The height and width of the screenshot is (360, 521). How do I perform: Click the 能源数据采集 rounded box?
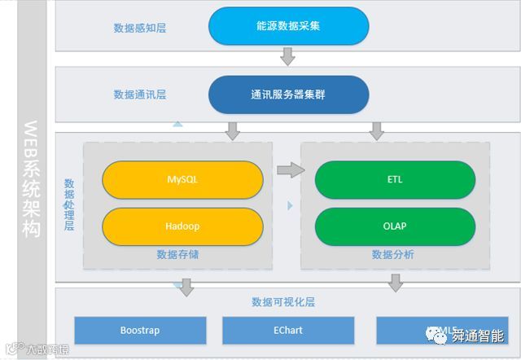(288, 26)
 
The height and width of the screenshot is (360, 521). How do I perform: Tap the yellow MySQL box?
(182, 180)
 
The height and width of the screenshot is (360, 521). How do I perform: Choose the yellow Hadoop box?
(182, 226)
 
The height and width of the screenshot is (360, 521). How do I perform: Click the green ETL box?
(395, 180)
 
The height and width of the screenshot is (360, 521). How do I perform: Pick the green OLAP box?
(395, 226)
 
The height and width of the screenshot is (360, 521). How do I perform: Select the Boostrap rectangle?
(140, 331)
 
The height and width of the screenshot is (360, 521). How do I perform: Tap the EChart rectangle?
(288, 331)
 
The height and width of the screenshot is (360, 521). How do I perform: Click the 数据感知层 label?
(140, 28)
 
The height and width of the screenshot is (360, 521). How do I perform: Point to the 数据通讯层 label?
(140, 95)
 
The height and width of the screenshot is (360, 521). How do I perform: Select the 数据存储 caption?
(178, 255)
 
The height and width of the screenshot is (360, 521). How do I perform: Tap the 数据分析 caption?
(393, 255)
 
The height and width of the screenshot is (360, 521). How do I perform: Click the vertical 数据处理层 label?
(69, 204)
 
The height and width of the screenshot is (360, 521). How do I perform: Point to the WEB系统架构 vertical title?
(31, 179)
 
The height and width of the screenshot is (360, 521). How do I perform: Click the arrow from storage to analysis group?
(289, 170)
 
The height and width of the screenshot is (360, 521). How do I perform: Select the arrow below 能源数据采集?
(287, 55)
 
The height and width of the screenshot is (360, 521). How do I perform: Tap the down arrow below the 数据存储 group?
(186, 286)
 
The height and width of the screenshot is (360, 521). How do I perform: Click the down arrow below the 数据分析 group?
(396, 283)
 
